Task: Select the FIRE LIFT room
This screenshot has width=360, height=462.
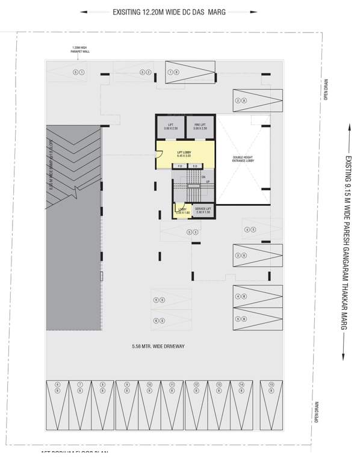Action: pyautogui.click(x=200, y=127)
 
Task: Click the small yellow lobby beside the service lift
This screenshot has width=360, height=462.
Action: pyautogui.click(x=181, y=211)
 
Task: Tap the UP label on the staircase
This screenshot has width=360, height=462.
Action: pyautogui.click(x=208, y=181)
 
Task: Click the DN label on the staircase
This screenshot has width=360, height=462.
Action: pyautogui.click(x=208, y=177)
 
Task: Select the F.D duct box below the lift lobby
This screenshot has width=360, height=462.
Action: pyautogui.click(x=180, y=165)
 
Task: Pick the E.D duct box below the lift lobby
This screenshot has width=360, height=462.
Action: pyautogui.click(x=194, y=165)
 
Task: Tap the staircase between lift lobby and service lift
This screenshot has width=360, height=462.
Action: pyautogui.click(x=193, y=186)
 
